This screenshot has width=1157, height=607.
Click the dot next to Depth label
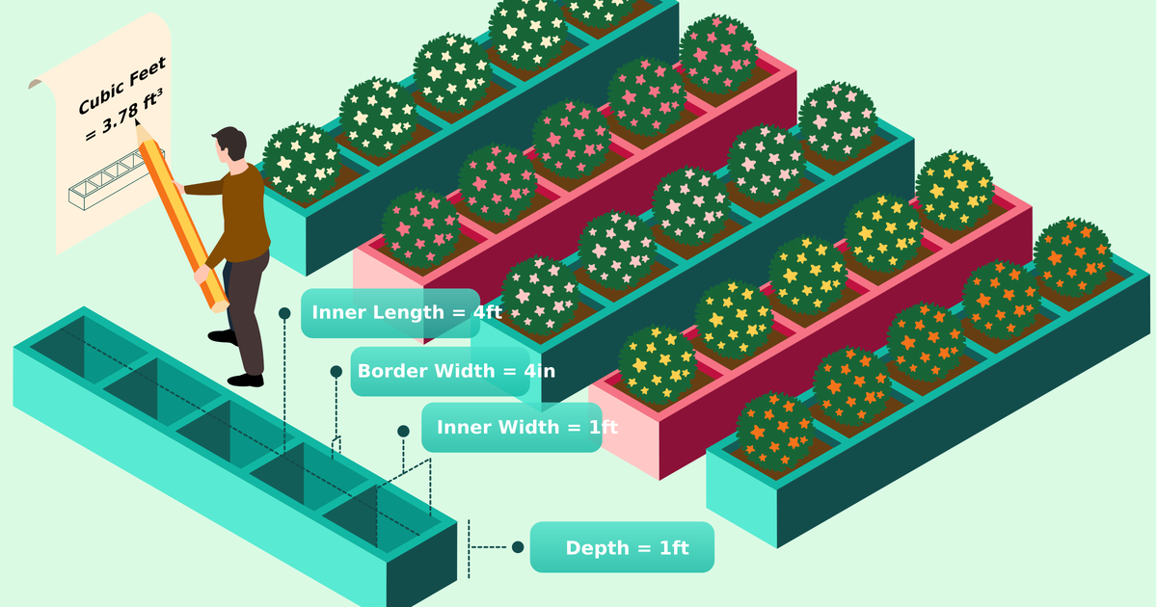[518, 547]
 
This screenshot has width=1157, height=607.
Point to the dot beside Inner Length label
[284, 313]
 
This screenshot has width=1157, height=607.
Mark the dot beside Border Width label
[336, 371]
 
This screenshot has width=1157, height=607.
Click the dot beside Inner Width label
[404, 431]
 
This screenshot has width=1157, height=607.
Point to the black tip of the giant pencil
[138, 124]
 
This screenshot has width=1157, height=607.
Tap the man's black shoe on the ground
[246, 380]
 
